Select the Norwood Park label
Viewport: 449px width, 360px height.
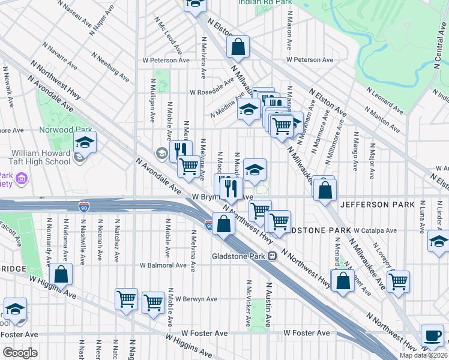48,130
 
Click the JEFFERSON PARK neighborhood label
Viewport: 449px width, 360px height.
377,205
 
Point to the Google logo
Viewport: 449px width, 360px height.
20,353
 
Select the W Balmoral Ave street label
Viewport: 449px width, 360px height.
163,265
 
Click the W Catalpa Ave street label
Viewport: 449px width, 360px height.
375,230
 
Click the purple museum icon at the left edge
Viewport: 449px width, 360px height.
22,178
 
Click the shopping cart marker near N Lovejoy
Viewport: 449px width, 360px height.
399,281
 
